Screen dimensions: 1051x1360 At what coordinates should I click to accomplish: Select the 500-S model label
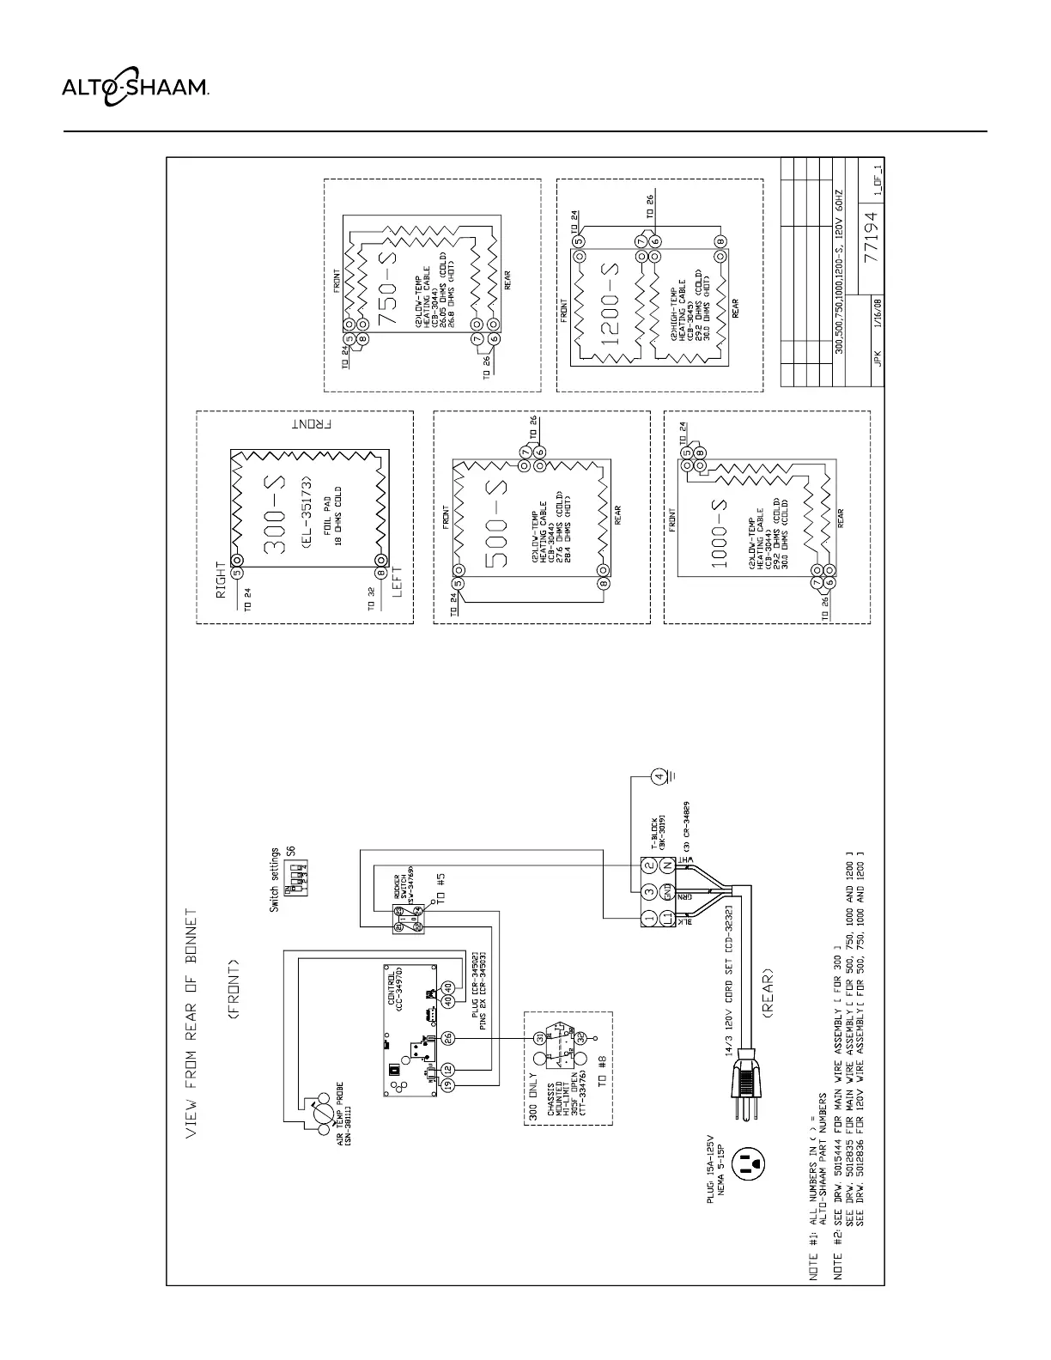click(495, 524)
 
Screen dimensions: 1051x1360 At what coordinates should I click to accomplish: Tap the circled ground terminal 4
click(659, 778)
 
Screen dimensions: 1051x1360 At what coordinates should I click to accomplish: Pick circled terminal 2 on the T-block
click(650, 865)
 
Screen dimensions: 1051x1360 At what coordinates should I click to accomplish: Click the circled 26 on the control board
click(447, 1038)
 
